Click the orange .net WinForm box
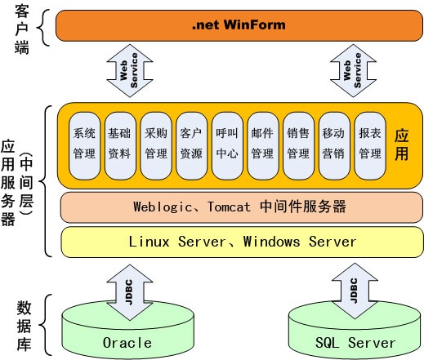239,25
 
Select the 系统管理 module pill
84,146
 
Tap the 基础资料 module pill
120,146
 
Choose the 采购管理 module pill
156,146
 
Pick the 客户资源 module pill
191,146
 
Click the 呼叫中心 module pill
227,146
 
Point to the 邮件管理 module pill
263,146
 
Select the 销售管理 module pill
298,146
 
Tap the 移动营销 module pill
334,146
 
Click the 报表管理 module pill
370,146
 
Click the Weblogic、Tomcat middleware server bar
242,207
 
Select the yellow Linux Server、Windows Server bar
242,242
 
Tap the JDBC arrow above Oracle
130,292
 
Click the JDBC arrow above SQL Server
355,291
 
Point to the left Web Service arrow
130,70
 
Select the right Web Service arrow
353,70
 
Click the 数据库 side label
24,326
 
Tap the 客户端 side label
22,29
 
